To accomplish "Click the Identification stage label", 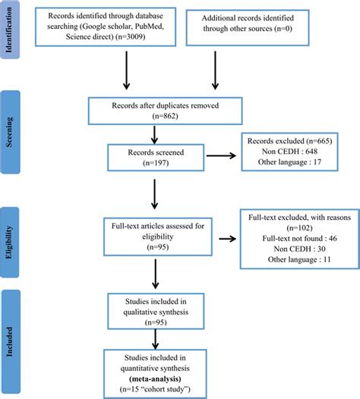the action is pos(8,30).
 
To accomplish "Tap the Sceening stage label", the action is pos(8,132).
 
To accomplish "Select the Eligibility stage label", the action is pos(8,242).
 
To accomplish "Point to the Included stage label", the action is pos(8,342).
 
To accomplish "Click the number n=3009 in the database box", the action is pos(130,36).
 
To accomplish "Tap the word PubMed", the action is pos(149,27).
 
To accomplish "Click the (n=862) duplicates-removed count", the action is pos(165,116).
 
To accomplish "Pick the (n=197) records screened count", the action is pos(156,163).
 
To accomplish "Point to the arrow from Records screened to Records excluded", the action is pos(221,156).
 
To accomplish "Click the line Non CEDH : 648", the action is pos(289,152).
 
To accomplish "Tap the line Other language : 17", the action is pos(289,162).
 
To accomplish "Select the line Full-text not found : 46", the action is pos(299,238).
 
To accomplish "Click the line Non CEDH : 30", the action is pos(299,249).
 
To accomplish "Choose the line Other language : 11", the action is pos(299,259).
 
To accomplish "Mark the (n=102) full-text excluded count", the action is pos(299,228).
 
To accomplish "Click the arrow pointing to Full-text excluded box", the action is pos(228,239).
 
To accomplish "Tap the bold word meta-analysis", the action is pos(155,379).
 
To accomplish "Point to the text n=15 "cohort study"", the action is pos(155,389).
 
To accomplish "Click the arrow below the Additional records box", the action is pos(215,71).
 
